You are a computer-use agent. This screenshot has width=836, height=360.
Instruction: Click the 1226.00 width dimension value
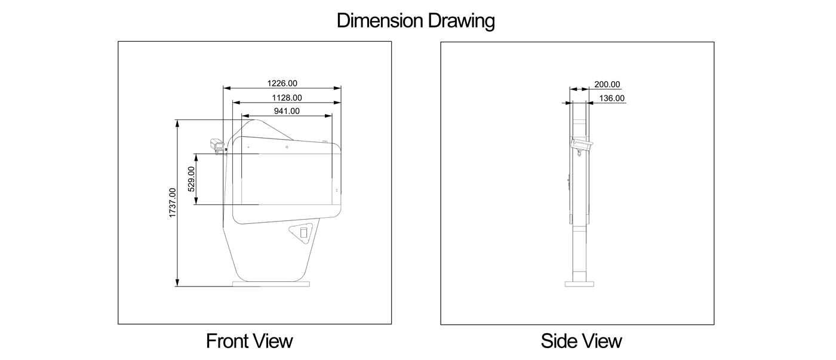(x=282, y=83)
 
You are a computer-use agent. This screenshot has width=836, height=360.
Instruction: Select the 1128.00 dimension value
(x=287, y=98)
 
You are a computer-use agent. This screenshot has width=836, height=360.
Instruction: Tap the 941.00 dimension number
(x=287, y=111)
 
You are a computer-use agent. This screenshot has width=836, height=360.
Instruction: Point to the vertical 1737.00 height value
(x=172, y=202)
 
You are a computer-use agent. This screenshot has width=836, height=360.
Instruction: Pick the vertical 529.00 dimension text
(x=191, y=179)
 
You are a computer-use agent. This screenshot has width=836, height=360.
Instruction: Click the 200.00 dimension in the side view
(x=607, y=84)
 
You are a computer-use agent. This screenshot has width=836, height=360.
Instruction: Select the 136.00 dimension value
(x=611, y=98)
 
